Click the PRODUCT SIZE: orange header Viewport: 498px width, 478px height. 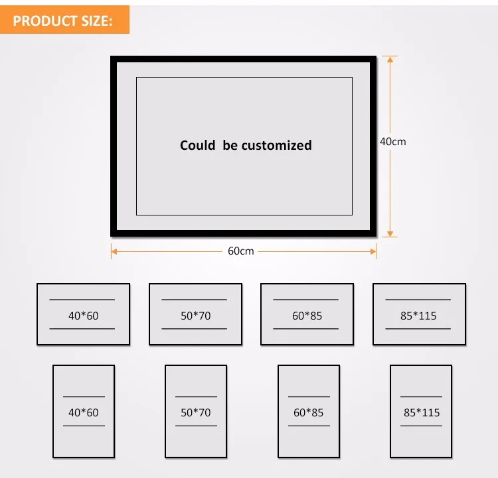point(62,21)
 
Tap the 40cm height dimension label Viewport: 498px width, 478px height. point(392,141)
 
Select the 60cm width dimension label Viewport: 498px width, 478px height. point(241,251)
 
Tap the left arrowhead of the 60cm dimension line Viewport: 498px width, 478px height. point(114,251)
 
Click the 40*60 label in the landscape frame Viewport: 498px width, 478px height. point(83,316)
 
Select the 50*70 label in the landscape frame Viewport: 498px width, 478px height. point(195,316)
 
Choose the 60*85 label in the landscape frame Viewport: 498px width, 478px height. point(307,316)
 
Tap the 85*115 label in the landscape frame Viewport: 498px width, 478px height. point(418,316)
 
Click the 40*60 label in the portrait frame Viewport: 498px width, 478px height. point(83,412)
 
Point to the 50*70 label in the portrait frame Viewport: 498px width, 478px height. point(195,412)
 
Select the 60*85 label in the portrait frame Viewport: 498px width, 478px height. point(308,412)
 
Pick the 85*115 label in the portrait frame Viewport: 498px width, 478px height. point(421,412)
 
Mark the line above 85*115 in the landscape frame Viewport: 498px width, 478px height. point(418,300)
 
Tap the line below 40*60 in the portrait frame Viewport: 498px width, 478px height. point(83,426)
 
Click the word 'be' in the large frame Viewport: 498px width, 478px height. point(230,145)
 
